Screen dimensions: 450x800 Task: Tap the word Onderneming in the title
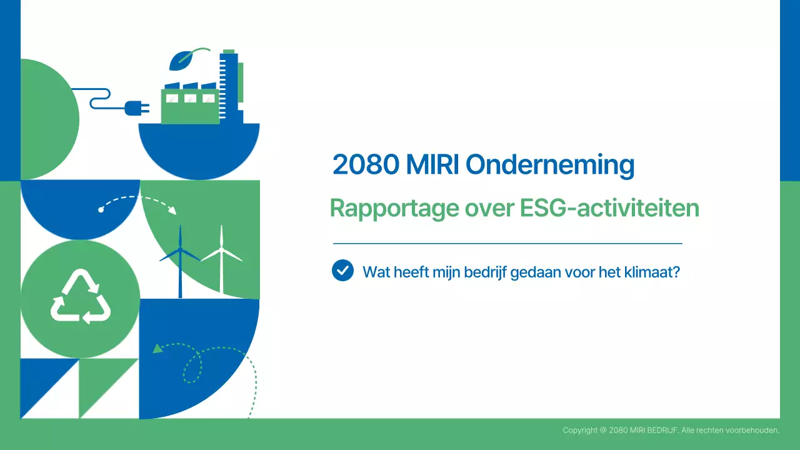pyautogui.click(x=550, y=165)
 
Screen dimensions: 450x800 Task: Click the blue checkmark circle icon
pyautogui.click(x=342, y=271)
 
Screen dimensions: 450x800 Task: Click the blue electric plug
pyautogui.click(x=136, y=108)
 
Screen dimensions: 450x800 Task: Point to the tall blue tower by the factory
pyautogui.click(x=229, y=84)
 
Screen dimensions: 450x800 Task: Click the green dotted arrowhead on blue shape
pyautogui.click(x=158, y=348)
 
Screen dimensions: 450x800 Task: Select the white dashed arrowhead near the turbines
pyautogui.click(x=172, y=210)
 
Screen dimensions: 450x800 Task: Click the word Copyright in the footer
pyautogui.click(x=580, y=430)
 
